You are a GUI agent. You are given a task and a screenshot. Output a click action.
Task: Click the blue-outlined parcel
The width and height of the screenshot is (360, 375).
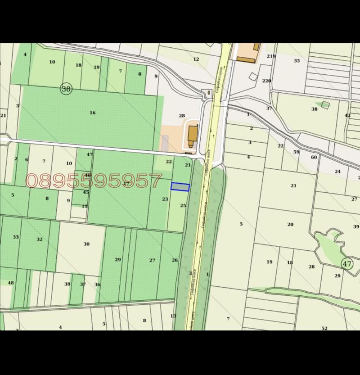[x=180, y=187]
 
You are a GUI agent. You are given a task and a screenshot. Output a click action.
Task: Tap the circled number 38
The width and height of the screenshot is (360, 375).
[x=66, y=89]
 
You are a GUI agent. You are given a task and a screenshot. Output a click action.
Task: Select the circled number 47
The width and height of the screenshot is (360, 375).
[x=346, y=264]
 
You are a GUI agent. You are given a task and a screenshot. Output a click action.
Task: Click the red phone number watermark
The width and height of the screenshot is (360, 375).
[x=94, y=181]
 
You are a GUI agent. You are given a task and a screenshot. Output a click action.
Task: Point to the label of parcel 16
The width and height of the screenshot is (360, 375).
[x=92, y=113]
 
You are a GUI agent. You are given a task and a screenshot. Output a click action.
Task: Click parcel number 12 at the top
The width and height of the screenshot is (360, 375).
[x=196, y=59]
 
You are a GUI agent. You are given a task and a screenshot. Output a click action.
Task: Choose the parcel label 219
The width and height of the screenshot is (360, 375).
[x=270, y=56]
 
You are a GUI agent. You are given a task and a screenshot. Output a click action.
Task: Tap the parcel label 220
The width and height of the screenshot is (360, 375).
[x=267, y=81]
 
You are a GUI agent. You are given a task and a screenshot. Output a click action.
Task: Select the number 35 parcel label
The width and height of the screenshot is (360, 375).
[x=297, y=60]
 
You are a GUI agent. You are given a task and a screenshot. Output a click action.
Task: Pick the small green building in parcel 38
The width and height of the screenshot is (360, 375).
[x=325, y=105]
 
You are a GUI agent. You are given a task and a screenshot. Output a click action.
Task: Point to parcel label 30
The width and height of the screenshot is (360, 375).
[x=86, y=244]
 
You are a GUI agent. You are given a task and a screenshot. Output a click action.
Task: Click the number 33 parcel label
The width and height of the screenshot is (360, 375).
[x=16, y=237]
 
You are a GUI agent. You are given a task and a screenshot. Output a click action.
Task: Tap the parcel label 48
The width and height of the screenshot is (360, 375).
[x=11, y=283]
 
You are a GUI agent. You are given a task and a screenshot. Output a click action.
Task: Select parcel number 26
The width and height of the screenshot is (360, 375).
[x=175, y=260]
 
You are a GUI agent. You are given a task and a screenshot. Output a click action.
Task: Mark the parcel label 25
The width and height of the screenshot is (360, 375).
[x=183, y=205]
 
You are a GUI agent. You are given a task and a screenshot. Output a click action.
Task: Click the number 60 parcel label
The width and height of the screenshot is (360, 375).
[x=314, y=157]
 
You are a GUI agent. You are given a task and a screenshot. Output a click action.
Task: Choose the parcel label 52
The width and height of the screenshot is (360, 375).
[x=324, y=328]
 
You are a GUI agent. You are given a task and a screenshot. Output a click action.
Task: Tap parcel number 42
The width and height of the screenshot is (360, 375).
[x=347, y=115]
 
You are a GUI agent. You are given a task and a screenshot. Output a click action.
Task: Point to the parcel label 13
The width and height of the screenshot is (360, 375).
[x=173, y=316]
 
